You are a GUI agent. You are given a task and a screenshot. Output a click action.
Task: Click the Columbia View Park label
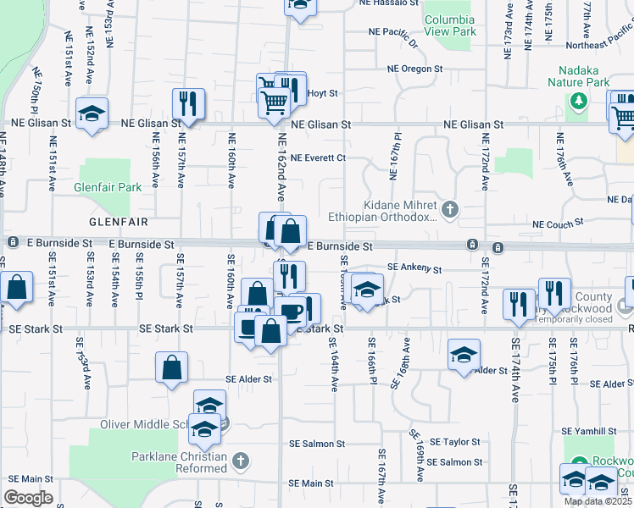point(450,25)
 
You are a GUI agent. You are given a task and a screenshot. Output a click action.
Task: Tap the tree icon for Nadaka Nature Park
point(579,102)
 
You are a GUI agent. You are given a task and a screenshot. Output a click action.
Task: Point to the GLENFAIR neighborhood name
point(119,222)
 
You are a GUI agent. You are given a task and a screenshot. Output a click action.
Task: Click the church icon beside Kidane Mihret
point(450,207)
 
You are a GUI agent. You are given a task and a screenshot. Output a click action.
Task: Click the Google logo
point(28,498)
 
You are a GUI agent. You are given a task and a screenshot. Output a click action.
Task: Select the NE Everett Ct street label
point(318,157)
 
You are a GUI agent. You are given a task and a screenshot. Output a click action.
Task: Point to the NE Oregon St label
point(415,69)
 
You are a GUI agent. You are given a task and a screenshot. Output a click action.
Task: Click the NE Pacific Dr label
point(395,33)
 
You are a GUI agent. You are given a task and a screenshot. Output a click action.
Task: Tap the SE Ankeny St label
point(415,268)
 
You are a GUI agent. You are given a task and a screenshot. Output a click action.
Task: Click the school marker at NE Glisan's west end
point(92,113)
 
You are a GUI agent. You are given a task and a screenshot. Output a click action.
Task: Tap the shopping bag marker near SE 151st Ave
point(16,288)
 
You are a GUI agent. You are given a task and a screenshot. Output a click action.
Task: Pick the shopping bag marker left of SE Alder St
point(171,367)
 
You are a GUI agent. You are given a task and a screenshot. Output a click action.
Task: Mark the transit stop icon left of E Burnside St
point(14,243)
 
